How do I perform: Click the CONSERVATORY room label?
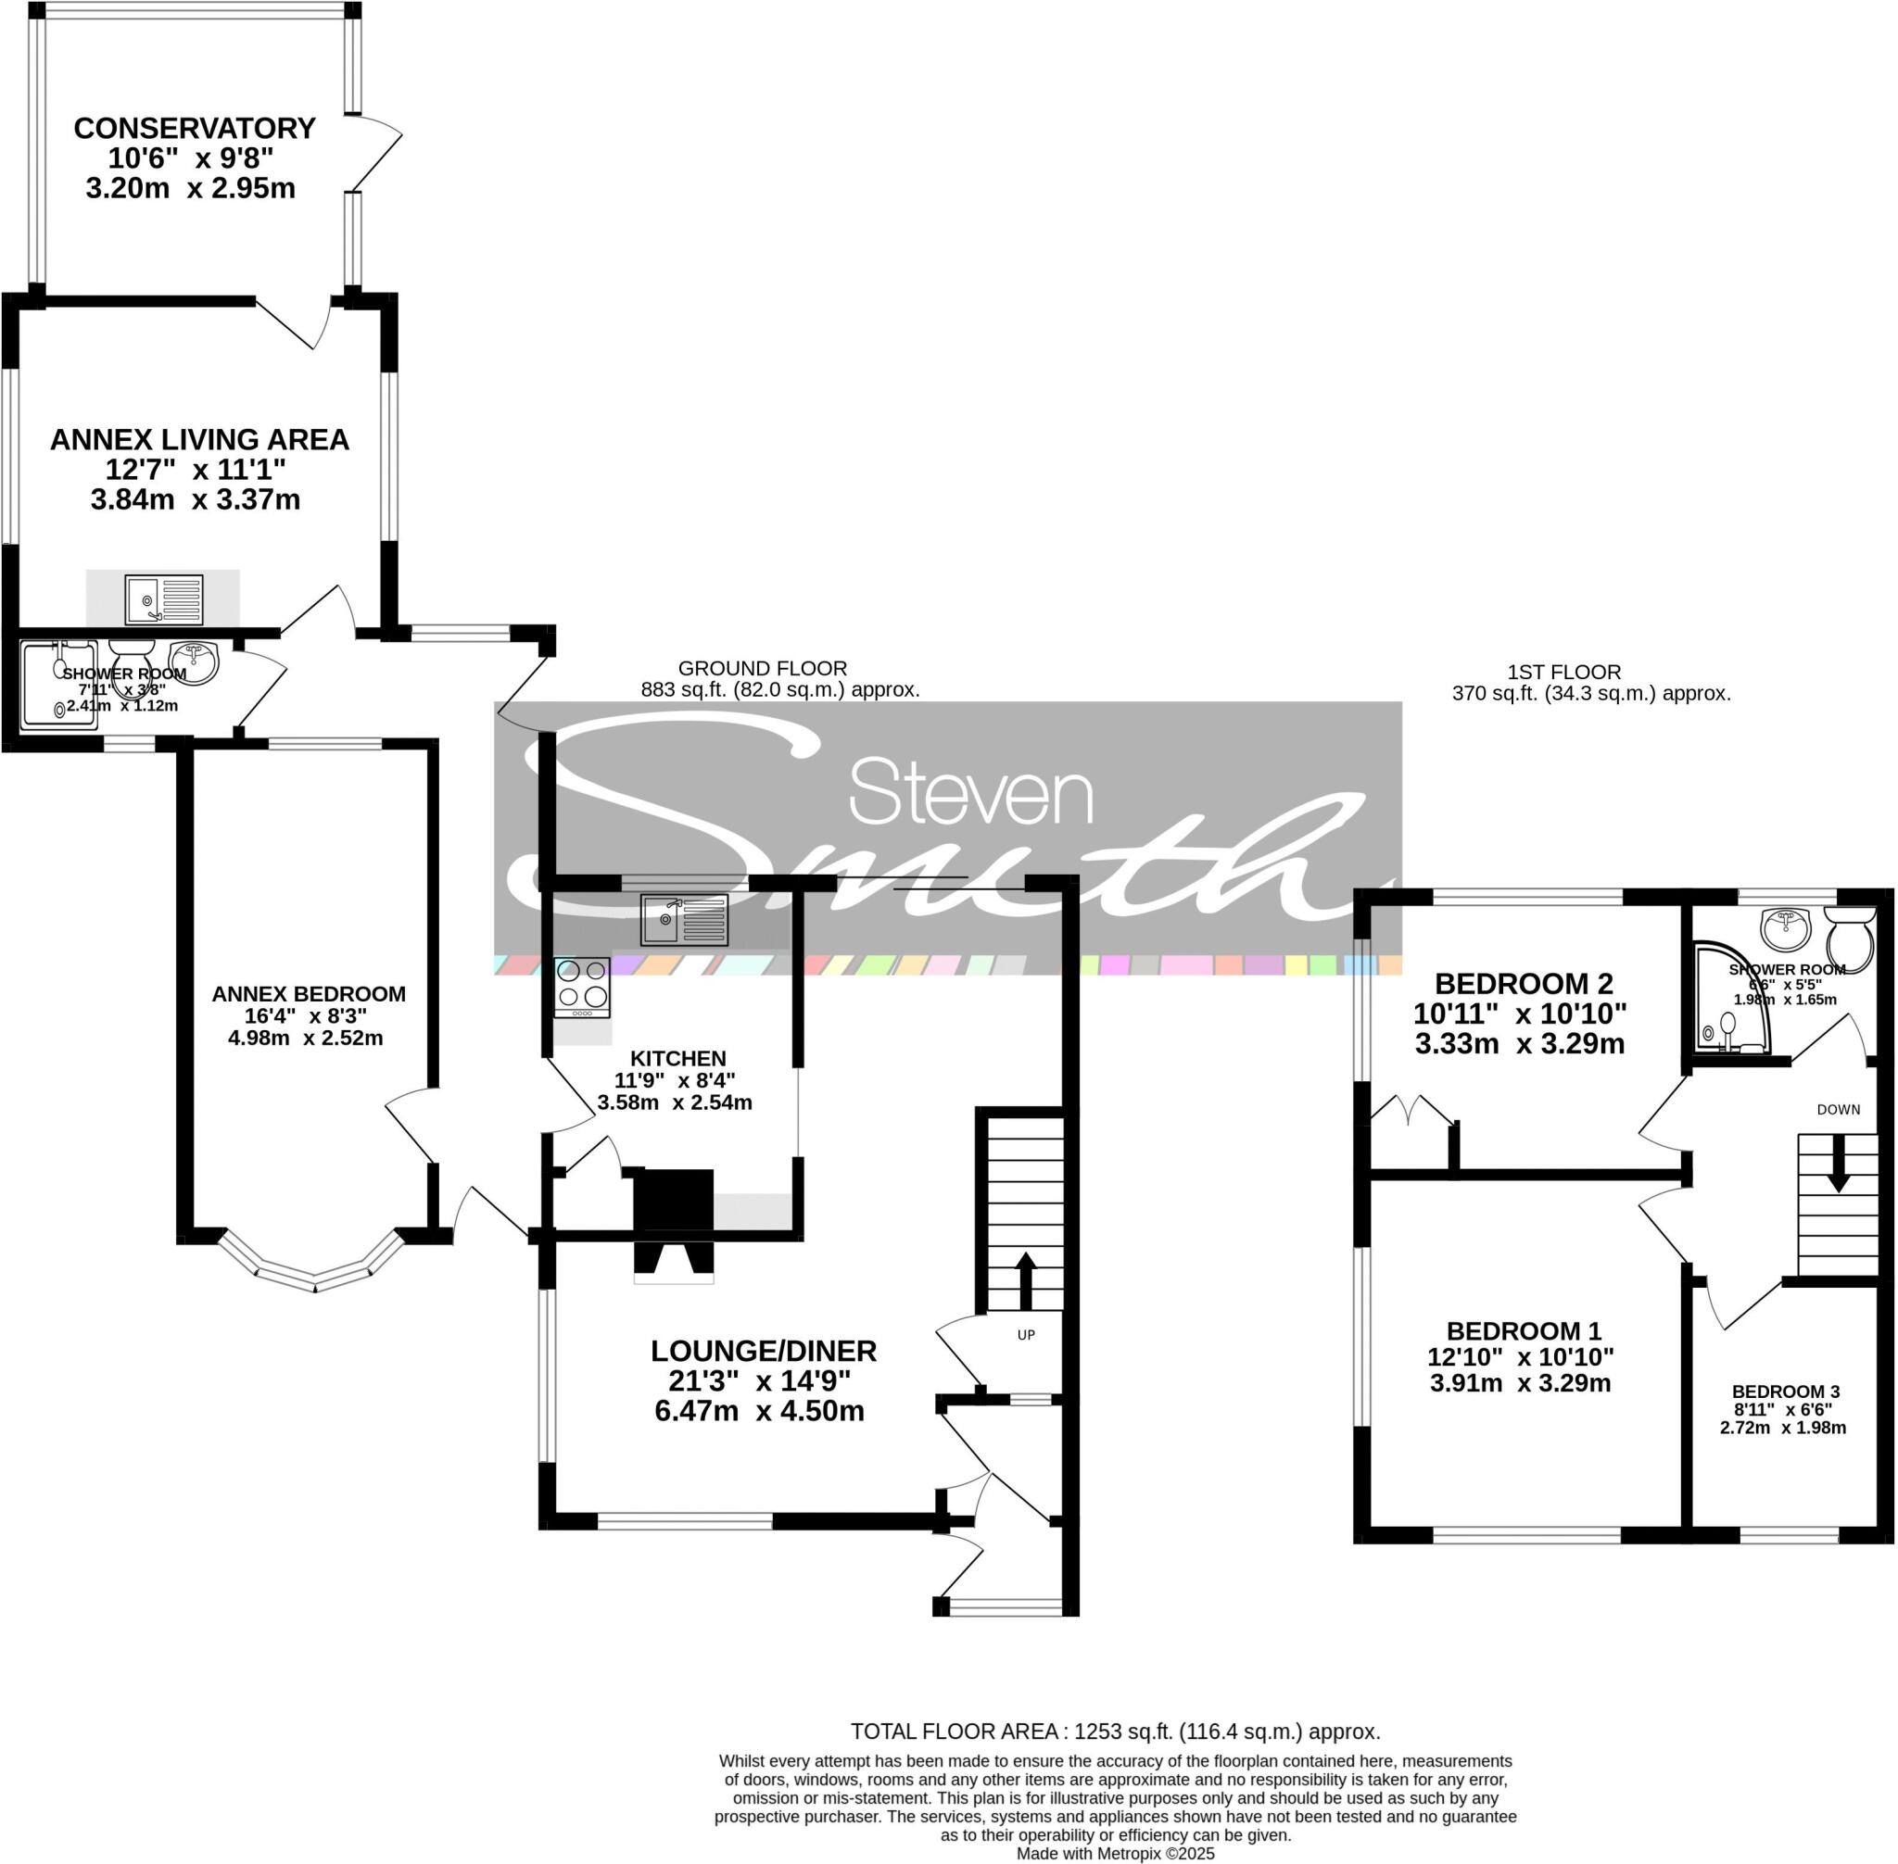tap(194, 128)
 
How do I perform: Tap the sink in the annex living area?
tap(163, 599)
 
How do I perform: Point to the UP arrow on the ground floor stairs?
tap(1025, 1279)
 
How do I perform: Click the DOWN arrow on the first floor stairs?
tap(1839, 1163)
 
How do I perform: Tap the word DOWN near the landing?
tap(1839, 1109)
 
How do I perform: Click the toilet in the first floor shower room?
tap(1850, 938)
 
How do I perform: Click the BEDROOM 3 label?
tap(1785, 1392)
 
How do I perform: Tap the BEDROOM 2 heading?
tap(1523, 983)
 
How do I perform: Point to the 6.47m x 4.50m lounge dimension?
tap(759, 1411)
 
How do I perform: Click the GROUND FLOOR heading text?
tap(762, 669)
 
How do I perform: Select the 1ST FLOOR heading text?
tap(1563, 672)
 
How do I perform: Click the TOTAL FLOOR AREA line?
tap(1115, 1731)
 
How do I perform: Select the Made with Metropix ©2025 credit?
tap(1115, 1853)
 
